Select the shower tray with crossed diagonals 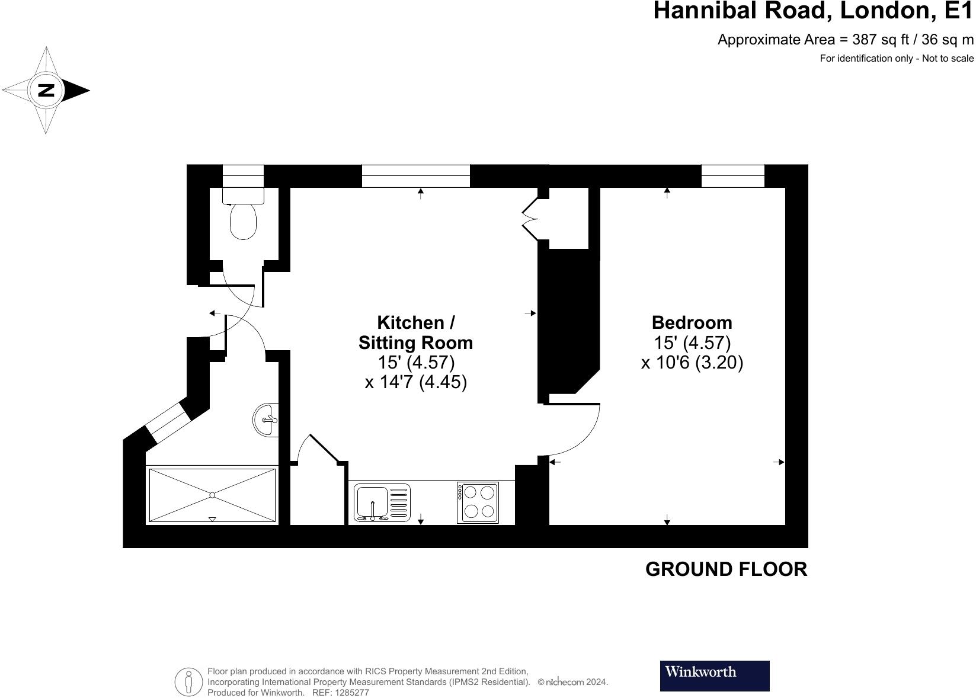point(212,495)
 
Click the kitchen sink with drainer point(382,502)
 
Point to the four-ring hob point(478,502)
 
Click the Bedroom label point(692,322)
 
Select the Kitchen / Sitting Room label point(415,332)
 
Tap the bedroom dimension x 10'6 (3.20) point(692,362)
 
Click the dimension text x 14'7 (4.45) point(415,382)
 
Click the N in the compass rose point(46,91)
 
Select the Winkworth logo point(714,675)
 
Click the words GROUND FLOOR point(725,569)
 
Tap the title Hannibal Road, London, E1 point(812,11)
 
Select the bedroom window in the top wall point(732,176)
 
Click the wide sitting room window point(415,176)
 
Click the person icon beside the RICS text point(188,681)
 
